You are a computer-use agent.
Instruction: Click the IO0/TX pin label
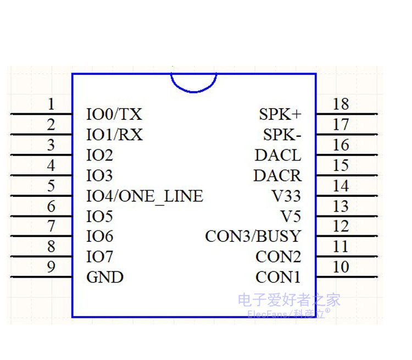tap(114, 114)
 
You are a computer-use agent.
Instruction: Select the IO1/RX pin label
tap(114, 135)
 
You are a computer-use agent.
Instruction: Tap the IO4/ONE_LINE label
tap(144, 196)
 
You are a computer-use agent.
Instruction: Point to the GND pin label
tap(105, 277)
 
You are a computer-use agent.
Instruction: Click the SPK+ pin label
tap(280, 114)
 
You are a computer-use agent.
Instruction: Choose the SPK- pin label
tap(282, 135)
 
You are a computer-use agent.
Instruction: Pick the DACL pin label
tap(278, 155)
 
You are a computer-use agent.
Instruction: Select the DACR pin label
tap(277, 176)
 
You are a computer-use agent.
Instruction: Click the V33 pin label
tap(286, 196)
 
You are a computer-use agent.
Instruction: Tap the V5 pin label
tap(291, 216)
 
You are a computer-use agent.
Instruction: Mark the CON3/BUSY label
tap(253, 236)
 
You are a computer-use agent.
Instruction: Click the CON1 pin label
tap(279, 277)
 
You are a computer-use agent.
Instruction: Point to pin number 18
tap(341, 104)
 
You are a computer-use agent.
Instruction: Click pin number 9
tap(51, 267)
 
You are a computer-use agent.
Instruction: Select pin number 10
tap(341, 267)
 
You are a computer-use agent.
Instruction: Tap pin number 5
tap(51, 186)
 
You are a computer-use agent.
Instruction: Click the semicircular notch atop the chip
tap(193, 82)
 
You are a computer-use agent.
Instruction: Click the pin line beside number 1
tap(41, 114)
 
